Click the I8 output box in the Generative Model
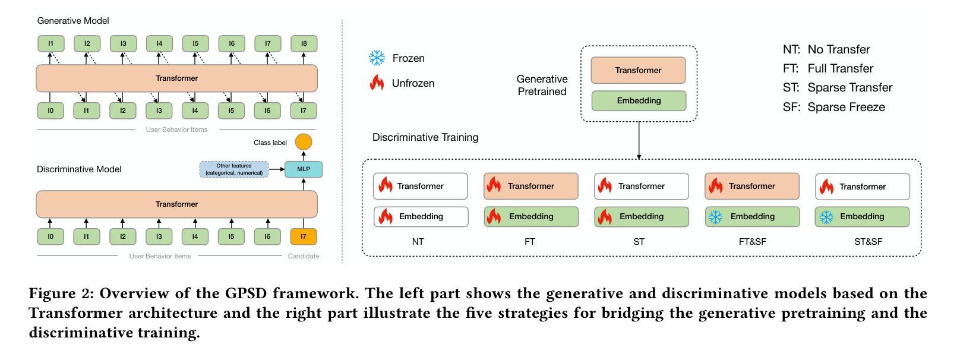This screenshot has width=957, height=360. [x=304, y=43]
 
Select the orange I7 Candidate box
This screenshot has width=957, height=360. [x=304, y=236]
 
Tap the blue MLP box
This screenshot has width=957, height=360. [x=304, y=169]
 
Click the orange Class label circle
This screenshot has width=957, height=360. [x=304, y=142]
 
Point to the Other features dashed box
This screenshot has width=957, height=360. [x=234, y=169]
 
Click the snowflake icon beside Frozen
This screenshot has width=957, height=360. [x=377, y=58]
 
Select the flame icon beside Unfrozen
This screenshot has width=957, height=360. [x=377, y=83]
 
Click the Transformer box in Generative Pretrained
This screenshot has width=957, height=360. [x=638, y=70]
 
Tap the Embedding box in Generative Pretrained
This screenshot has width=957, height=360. [x=639, y=101]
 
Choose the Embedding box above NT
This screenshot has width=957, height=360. [x=421, y=216]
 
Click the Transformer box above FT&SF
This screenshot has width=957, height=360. [x=752, y=186]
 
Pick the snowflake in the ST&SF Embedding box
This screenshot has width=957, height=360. [x=826, y=217]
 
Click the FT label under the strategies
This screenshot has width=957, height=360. [x=530, y=242]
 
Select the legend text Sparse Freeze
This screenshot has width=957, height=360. [x=847, y=107]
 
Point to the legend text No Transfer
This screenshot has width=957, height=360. [x=839, y=49]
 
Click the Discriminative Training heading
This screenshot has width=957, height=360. [x=425, y=137]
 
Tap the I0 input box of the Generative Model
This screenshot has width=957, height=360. [x=50, y=110]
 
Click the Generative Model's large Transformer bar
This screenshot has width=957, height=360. [x=177, y=78]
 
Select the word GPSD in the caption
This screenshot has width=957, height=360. [x=246, y=293]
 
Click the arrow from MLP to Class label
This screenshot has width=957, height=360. [x=304, y=156]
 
